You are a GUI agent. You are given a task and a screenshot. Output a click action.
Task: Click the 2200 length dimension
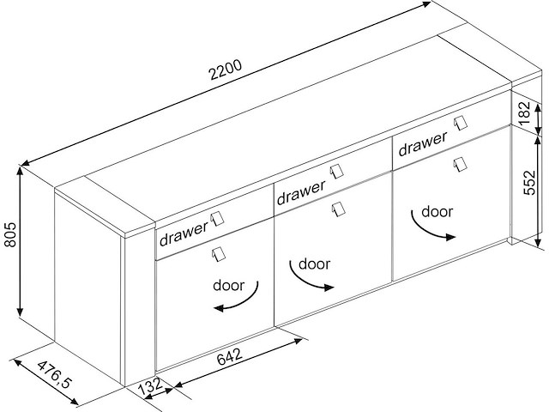(x=225, y=70)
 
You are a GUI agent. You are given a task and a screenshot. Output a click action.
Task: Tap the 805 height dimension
(x=10, y=234)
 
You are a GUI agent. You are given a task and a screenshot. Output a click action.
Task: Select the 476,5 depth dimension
(x=54, y=374)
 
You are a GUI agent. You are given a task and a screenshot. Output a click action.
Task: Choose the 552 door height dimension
(x=529, y=183)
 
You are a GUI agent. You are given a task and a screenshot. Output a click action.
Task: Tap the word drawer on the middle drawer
(x=301, y=192)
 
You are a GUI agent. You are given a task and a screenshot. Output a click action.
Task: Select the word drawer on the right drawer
(x=423, y=143)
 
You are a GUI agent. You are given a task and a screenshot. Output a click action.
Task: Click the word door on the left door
(x=229, y=286)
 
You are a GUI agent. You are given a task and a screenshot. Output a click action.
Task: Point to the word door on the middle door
(x=315, y=264)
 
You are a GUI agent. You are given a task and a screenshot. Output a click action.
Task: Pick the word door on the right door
(x=437, y=212)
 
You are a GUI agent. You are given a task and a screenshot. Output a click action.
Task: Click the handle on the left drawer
(x=217, y=219)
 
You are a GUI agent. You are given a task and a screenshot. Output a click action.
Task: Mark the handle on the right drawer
(x=461, y=124)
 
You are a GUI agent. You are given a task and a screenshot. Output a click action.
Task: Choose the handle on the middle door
(x=338, y=209)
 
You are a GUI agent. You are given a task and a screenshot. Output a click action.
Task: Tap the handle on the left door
(x=218, y=254)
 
